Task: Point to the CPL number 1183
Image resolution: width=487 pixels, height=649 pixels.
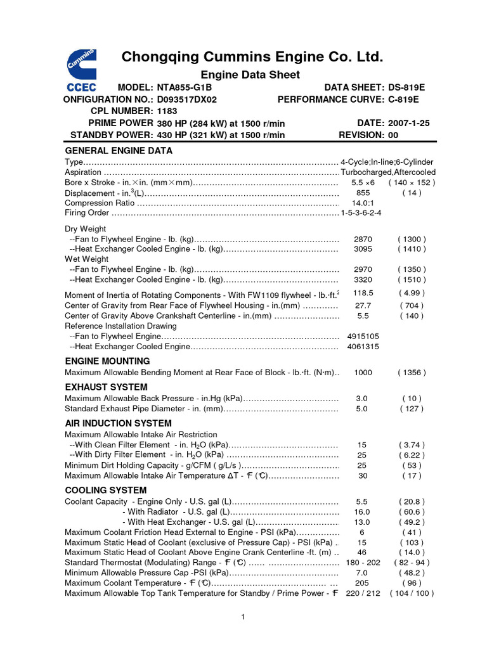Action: click(168, 111)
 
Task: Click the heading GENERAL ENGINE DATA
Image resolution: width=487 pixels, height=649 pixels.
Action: click(119, 151)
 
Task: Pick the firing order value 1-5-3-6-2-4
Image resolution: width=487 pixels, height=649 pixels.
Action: click(361, 212)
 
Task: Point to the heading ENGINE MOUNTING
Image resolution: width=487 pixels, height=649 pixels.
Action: click(107, 361)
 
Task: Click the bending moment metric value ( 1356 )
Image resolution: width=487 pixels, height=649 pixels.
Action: click(412, 373)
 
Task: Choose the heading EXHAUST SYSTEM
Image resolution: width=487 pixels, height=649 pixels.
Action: click(106, 387)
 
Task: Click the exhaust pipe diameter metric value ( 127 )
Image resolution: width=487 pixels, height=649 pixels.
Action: click(412, 409)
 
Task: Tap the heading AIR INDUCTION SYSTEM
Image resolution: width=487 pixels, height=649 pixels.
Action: click(118, 423)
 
